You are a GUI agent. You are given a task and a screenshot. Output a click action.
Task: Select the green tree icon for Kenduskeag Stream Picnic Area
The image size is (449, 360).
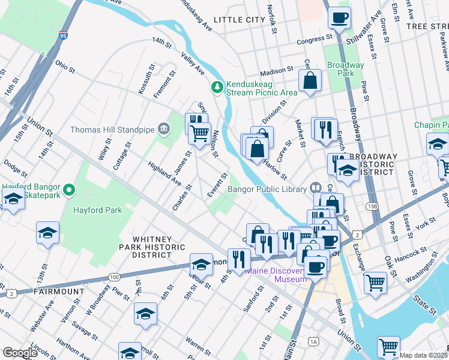coord(216,88)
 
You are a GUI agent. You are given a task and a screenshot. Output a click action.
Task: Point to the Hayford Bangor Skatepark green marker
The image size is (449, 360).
coord(70,191)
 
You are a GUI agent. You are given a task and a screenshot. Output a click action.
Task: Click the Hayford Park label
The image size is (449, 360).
coord(98,210)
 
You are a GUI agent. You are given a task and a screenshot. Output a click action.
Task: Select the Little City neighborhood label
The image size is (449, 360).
coord(240,20)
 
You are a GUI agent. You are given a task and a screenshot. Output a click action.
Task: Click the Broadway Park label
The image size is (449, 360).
coord(345,69)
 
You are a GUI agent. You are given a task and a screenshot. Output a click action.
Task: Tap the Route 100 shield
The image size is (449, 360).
coord(113,277)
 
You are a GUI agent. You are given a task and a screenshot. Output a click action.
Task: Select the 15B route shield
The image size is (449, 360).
coord(373,206)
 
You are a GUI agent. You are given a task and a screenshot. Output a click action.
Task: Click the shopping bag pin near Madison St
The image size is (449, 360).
coord(310,81)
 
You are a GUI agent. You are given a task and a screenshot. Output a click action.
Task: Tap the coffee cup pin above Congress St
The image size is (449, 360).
coord(339,17)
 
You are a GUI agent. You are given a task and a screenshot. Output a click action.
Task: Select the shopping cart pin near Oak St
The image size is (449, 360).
coord(375,282)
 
